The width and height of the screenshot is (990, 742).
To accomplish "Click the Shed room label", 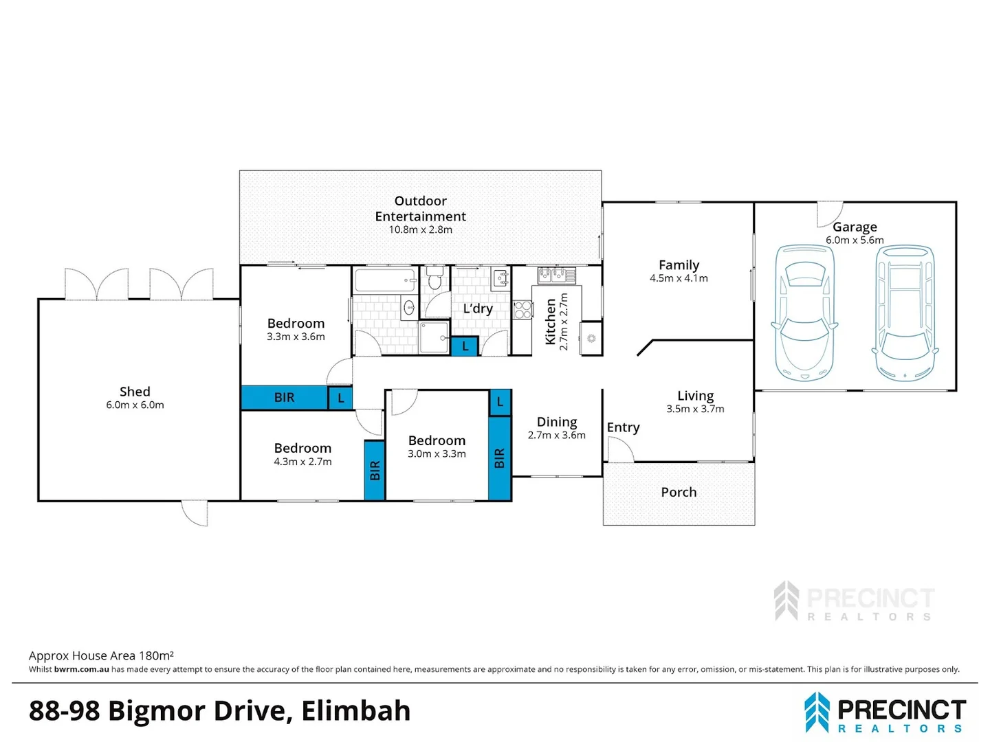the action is [135, 392].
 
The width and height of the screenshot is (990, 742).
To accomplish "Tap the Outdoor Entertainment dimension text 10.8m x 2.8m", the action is [420, 229].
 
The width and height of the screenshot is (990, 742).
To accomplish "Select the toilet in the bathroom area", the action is [434, 278].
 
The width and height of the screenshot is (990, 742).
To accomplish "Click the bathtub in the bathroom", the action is [386, 280].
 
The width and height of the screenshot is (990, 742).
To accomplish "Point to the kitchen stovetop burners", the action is [522, 310].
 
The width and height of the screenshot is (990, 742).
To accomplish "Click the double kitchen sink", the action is [557, 275].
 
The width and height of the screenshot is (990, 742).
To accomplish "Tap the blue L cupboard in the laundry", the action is [465, 346].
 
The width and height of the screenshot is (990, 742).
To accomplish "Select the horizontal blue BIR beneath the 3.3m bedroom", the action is [284, 397].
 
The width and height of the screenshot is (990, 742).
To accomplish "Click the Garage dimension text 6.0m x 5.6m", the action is [855, 240].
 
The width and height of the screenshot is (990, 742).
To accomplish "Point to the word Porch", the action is [679, 493].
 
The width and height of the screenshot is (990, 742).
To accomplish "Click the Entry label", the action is [624, 427].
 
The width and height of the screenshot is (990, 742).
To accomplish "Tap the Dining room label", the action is [557, 422].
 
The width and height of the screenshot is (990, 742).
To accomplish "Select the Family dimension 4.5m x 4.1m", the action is [679, 278].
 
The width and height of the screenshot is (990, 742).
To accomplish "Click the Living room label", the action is [696, 396].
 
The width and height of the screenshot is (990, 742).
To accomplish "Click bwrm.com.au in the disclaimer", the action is [82, 669].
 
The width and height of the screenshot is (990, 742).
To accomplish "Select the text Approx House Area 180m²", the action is [101, 655].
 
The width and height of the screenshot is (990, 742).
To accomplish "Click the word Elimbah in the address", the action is [356, 711].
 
